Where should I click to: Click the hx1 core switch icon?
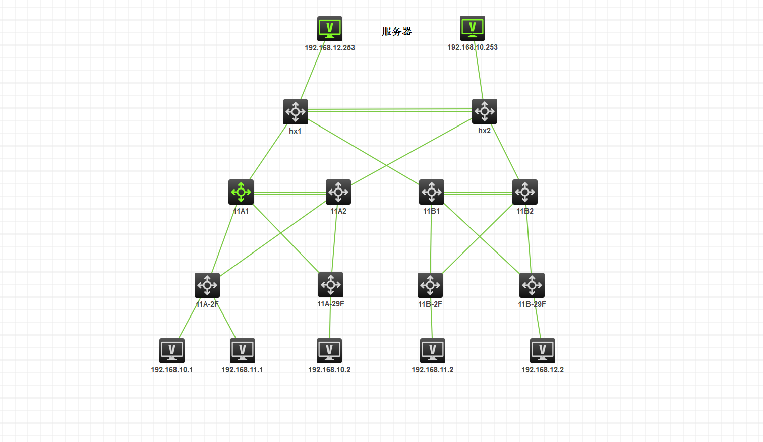pos(296,111)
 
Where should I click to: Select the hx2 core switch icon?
pos(485,111)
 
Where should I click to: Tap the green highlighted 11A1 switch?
pos(241,192)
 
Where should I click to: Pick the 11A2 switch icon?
pos(338,192)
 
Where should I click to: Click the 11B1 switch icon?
pos(432,192)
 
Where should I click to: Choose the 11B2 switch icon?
pos(525,192)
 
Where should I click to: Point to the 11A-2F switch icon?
pos(207,285)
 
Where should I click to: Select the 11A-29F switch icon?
pos(331,285)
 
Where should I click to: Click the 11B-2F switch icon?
pos(430,285)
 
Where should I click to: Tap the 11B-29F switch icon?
pos(532,285)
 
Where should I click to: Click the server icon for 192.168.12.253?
pos(330,28)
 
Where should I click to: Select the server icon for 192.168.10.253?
pos(473,28)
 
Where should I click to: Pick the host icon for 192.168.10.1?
pos(172,351)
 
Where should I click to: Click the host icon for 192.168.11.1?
pos(243,351)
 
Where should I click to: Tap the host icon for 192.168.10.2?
pos(329,351)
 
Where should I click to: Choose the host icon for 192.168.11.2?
pos(433,351)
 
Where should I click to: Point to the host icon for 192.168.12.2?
pos(543,351)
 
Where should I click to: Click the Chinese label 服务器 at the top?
pos(397,31)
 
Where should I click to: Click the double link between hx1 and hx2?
pos(390,110)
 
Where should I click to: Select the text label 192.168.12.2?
pos(543,370)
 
